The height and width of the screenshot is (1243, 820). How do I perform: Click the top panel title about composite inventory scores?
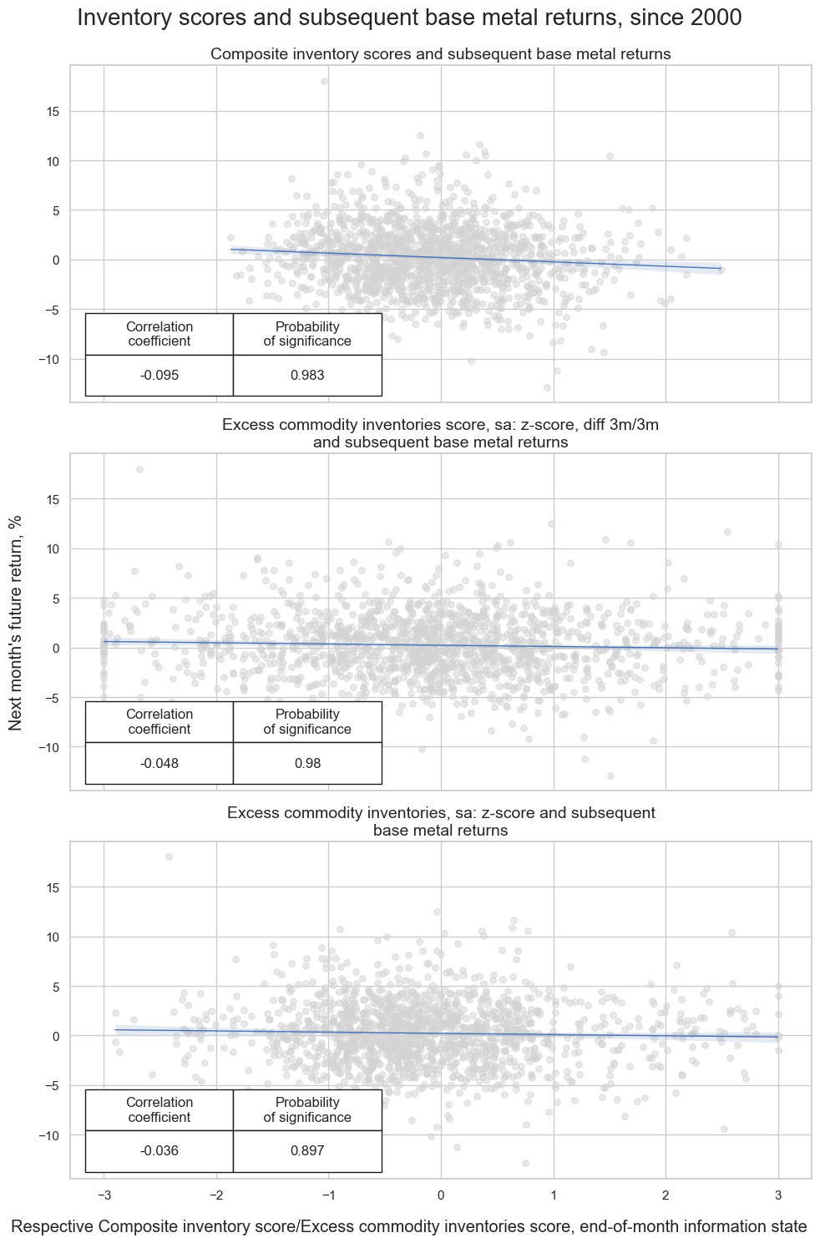(x=440, y=54)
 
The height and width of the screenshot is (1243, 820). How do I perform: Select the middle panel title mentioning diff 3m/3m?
(x=440, y=433)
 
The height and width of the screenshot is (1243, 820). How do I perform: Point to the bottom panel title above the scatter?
(x=440, y=821)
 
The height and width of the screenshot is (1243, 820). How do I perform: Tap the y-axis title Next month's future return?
(x=16, y=622)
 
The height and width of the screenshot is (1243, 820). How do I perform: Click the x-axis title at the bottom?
(x=409, y=1226)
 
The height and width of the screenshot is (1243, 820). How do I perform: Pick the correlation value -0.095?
(x=159, y=376)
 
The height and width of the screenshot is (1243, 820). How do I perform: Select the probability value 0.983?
(x=307, y=376)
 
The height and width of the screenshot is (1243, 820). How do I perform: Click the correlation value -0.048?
(x=159, y=763)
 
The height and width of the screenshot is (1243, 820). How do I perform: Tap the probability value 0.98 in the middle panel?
(x=307, y=763)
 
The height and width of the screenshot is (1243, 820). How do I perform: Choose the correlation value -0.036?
(x=159, y=1151)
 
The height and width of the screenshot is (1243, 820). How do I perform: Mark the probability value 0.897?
(x=307, y=1151)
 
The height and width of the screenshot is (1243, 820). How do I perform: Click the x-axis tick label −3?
(x=104, y=1195)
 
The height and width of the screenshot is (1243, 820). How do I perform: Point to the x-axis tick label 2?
(x=666, y=1195)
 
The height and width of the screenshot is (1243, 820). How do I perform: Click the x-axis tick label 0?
(x=441, y=1195)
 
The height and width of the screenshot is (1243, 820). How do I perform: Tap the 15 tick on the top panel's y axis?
(x=53, y=112)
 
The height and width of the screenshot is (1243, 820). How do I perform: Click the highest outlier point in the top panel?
(x=324, y=82)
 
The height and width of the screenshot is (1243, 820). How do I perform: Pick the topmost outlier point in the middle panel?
(x=139, y=469)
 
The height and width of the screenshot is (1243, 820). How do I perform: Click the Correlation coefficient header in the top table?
(x=159, y=334)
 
